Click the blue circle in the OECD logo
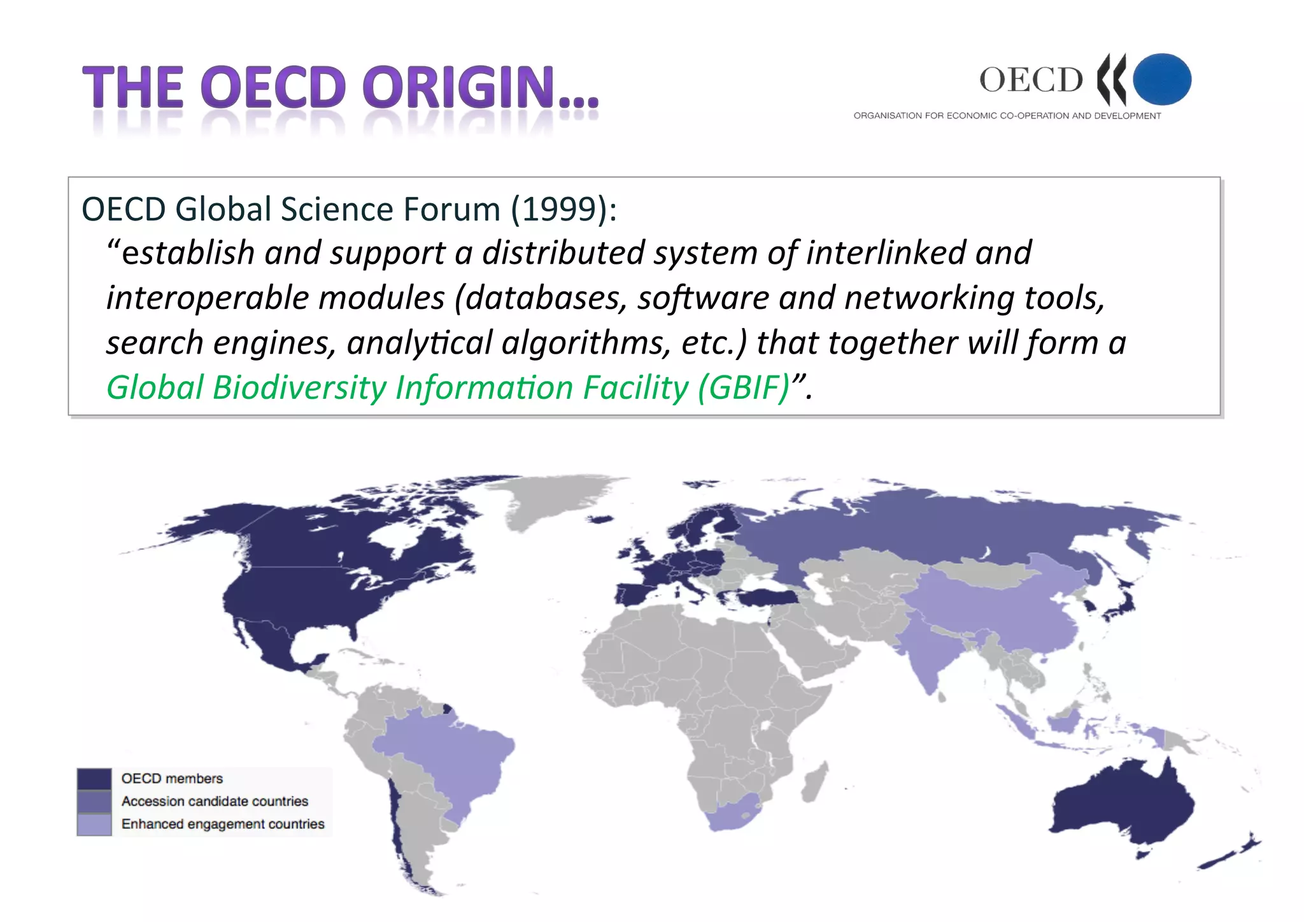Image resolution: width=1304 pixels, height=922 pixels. coord(1162,79)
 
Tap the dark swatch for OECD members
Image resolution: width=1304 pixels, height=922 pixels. coord(94,779)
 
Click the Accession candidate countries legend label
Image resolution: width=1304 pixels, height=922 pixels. coord(215,801)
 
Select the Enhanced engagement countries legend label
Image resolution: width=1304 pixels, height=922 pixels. coord(223,824)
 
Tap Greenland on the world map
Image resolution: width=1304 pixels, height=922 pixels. coord(548,497)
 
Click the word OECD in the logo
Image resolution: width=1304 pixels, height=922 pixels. coord(1031,80)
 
